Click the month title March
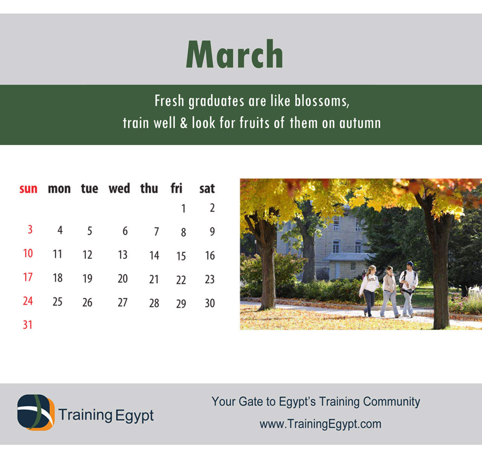234,53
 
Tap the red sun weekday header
29,189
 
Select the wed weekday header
119,188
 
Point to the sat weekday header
207,189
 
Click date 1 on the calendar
183,209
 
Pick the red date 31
27,325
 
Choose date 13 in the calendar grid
123,255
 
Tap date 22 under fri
181,280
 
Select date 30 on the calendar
210,303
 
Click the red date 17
28,277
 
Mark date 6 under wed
125,231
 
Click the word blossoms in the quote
322,101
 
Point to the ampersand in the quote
183,123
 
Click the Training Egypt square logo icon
36,412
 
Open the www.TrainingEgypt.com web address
320,424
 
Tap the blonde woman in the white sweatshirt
369,291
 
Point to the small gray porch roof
347,257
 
